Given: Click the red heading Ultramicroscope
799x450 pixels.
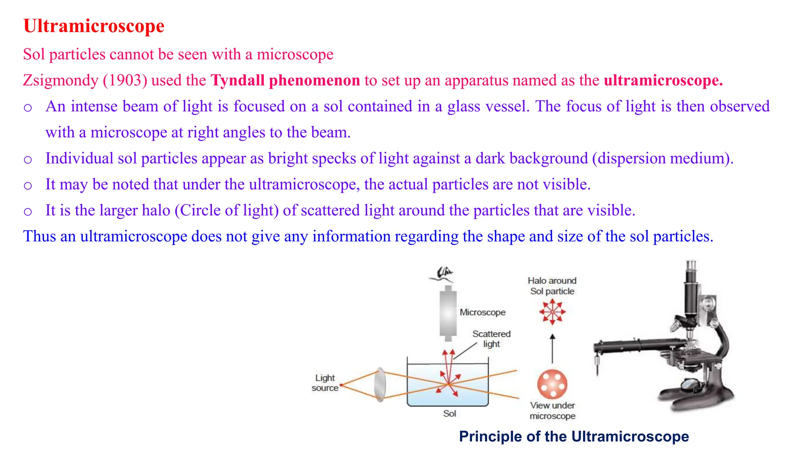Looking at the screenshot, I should pyautogui.click(x=94, y=26).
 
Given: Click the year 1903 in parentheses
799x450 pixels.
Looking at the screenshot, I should pyautogui.click(x=125, y=80).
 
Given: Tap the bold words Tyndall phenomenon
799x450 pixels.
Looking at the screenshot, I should pyautogui.click(x=285, y=80).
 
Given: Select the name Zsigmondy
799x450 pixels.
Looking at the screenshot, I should pyautogui.click(x=60, y=80).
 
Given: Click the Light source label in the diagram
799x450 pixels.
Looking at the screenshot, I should pyautogui.click(x=325, y=383).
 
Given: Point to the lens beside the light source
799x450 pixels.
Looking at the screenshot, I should pyautogui.click(x=380, y=384).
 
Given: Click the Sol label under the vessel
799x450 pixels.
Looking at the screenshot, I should pyautogui.click(x=449, y=414).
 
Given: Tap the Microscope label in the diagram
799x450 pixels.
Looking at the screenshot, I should pyautogui.click(x=482, y=312).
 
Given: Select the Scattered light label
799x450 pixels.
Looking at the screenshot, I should pyautogui.click(x=491, y=339).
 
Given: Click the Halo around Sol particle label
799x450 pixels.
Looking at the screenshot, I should pyautogui.click(x=552, y=286).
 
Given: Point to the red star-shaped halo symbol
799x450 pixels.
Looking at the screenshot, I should pyautogui.click(x=552, y=312).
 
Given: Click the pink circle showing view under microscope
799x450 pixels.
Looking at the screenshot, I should pyautogui.click(x=552, y=384).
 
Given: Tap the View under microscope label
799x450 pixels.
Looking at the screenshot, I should pyautogui.click(x=552, y=411).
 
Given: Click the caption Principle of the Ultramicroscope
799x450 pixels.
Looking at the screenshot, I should pyautogui.click(x=574, y=436).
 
